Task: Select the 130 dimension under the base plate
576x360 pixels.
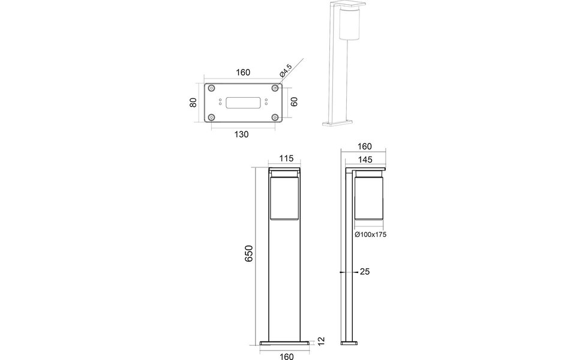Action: point(241,134)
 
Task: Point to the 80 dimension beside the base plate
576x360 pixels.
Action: point(193,103)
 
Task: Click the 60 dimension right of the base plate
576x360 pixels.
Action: point(294,103)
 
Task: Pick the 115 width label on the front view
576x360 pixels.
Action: point(286,158)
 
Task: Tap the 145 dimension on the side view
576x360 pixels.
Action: point(364,159)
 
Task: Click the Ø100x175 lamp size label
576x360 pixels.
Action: point(370,235)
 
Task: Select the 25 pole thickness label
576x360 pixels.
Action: point(365,272)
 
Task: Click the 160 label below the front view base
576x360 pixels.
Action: point(286,356)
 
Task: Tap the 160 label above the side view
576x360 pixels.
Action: point(364,146)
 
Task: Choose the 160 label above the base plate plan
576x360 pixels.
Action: point(242,73)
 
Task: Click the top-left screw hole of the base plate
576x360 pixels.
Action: point(212,88)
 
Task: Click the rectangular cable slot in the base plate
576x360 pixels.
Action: point(243,103)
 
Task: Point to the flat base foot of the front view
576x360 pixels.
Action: point(286,343)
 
